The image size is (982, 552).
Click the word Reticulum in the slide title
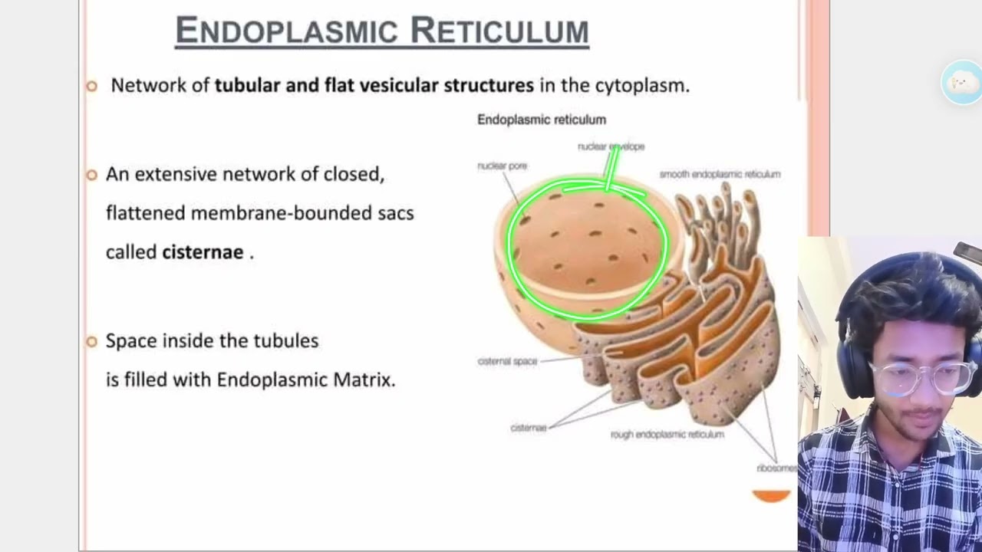499,31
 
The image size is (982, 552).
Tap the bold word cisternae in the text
203,252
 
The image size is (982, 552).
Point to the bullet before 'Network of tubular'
92,86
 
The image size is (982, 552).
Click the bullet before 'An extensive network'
92,175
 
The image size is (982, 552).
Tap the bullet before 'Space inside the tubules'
92,341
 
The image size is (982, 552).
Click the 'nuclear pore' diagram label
502,166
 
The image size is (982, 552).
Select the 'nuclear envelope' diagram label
611,146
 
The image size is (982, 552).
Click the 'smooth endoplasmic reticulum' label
720,174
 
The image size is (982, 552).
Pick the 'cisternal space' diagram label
507,361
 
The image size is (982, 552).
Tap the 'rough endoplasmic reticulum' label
667,434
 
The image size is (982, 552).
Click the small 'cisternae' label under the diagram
528,428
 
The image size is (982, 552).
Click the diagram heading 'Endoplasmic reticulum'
541,120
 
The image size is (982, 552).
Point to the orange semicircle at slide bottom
771,496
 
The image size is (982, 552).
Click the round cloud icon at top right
961,81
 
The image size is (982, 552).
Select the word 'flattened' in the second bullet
145,213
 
